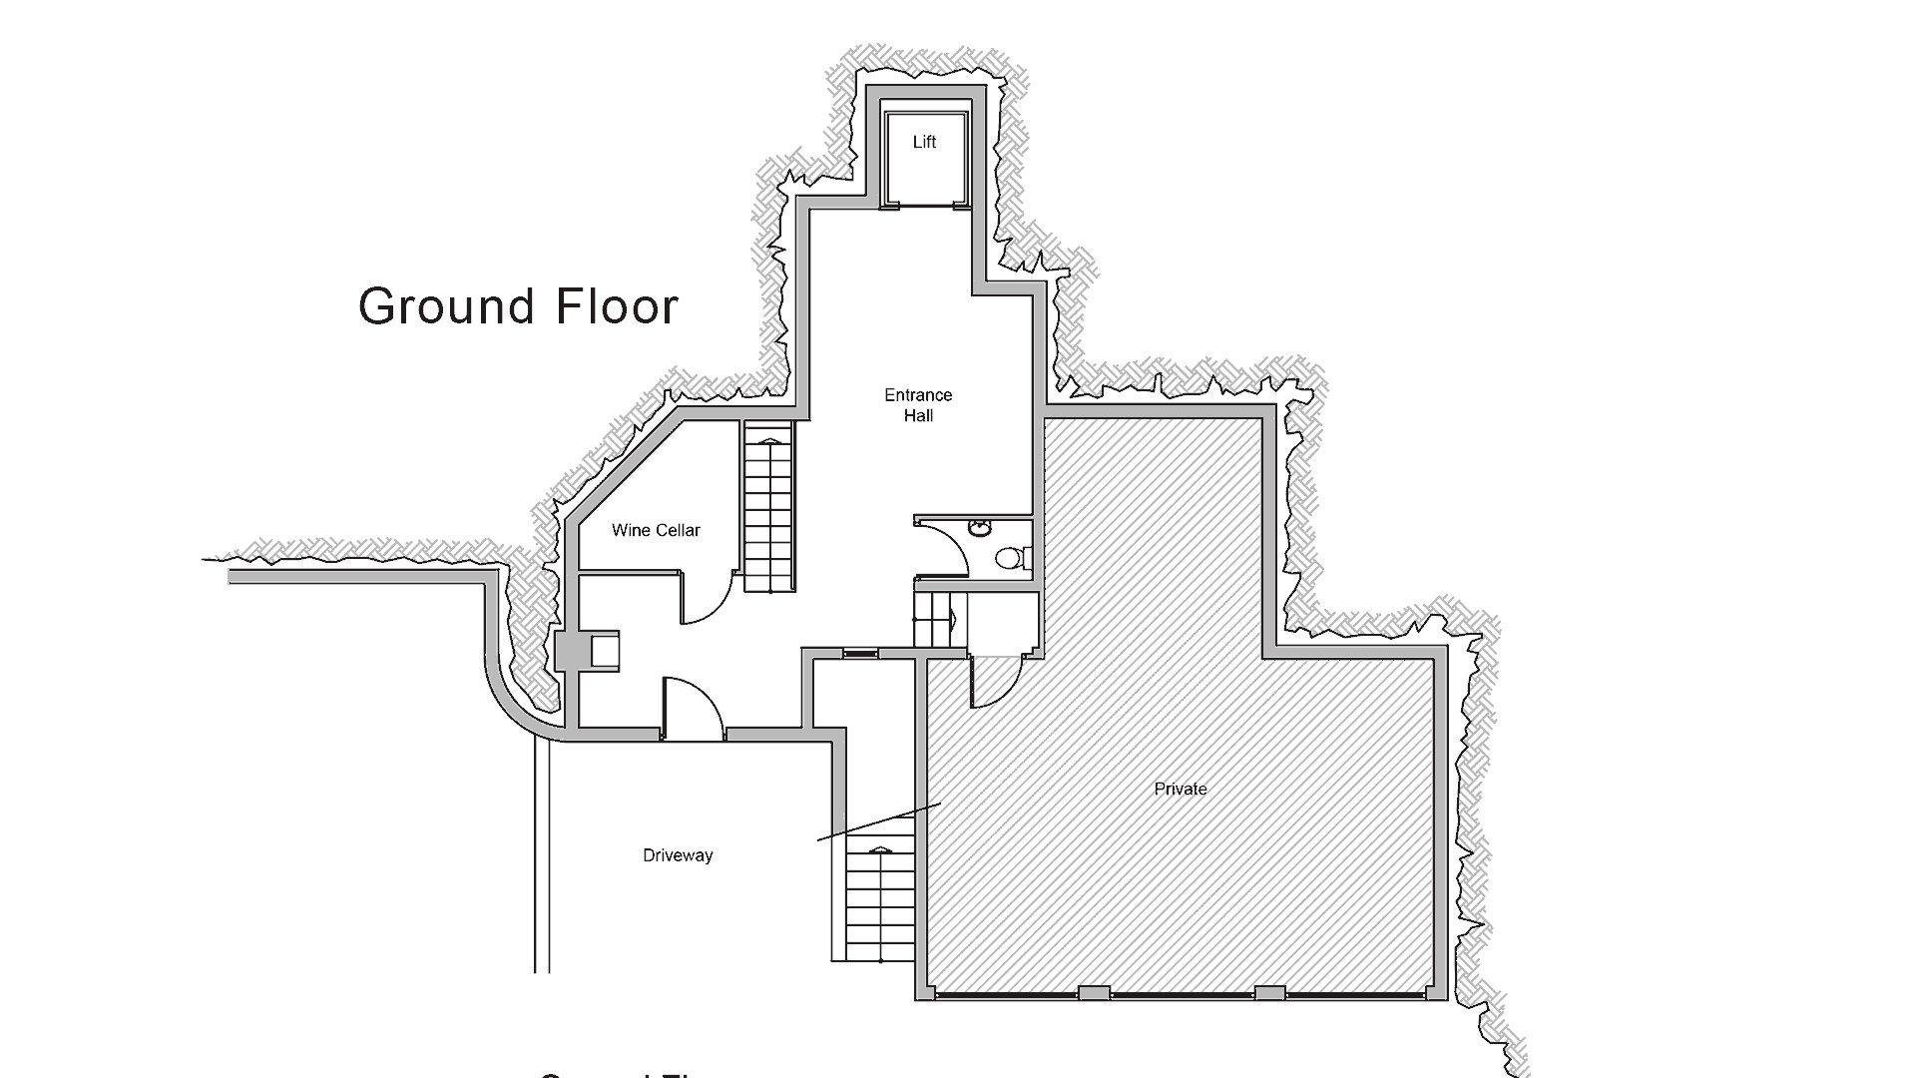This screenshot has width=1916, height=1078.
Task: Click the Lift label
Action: [924, 143]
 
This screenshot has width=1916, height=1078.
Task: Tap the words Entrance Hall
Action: [918, 405]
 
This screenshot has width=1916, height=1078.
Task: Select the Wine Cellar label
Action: [656, 530]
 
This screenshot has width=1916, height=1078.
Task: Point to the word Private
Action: [1181, 789]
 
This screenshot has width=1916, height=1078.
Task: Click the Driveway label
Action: [678, 855]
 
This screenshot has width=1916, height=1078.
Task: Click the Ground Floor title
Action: [518, 305]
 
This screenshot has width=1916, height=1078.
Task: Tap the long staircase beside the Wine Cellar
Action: [768, 509]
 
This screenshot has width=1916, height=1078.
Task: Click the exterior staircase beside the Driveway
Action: [879, 903]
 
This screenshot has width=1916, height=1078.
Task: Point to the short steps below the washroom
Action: [933, 619]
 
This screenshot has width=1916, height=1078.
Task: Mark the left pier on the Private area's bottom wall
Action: [1094, 992]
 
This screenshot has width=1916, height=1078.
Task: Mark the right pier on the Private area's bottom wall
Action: [1269, 992]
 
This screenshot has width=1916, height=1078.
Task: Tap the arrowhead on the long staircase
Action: [768, 439]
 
